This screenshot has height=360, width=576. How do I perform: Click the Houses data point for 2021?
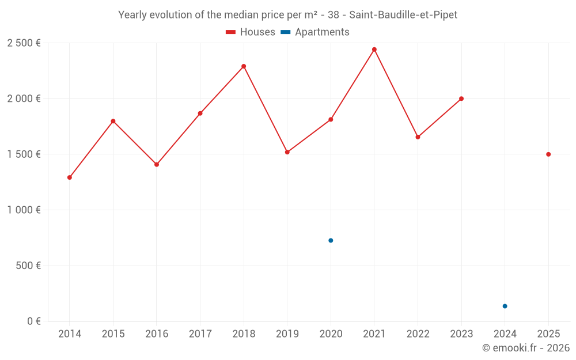pyautogui.click(x=374, y=50)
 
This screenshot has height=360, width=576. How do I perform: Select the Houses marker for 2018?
pyautogui.click(x=244, y=66)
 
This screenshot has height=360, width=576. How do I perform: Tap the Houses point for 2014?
pyautogui.click(x=70, y=177)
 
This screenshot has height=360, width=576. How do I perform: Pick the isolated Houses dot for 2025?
pyautogui.click(x=548, y=154)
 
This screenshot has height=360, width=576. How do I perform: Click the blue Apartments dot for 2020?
pyautogui.click(x=331, y=240)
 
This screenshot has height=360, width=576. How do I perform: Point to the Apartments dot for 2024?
pyautogui.click(x=505, y=306)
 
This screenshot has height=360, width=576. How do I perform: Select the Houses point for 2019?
pyautogui.click(x=287, y=152)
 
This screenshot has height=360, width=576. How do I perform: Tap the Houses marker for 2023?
pyautogui.click(x=461, y=98)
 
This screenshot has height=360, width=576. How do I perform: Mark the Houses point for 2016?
pyautogui.click(x=157, y=165)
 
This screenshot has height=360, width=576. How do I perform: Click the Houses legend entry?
pyautogui.click(x=251, y=32)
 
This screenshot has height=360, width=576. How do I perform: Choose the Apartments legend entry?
pyautogui.click(x=316, y=32)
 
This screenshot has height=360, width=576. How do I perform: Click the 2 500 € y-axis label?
pyautogui.click(x=24, y=43)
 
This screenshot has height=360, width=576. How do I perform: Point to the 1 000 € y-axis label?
pyautogui.click(x=24, y=210)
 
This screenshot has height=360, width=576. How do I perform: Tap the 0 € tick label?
pyautogui.click(x=32, y=321)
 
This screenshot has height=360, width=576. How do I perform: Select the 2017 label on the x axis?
pyautogui.click(x=200, y=334)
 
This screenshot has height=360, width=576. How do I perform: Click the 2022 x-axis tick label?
pyautogui.click(x=418, y=334)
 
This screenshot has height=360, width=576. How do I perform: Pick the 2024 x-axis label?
pyautogui.click(x=505, y=334)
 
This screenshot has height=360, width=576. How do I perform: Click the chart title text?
pyautogui.click(x=287, y=15)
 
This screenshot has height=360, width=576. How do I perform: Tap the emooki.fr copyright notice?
pyautogui.click(x=525, y=348)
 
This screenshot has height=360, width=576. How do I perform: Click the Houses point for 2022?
pyautogui.click(x=418, y=137)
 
